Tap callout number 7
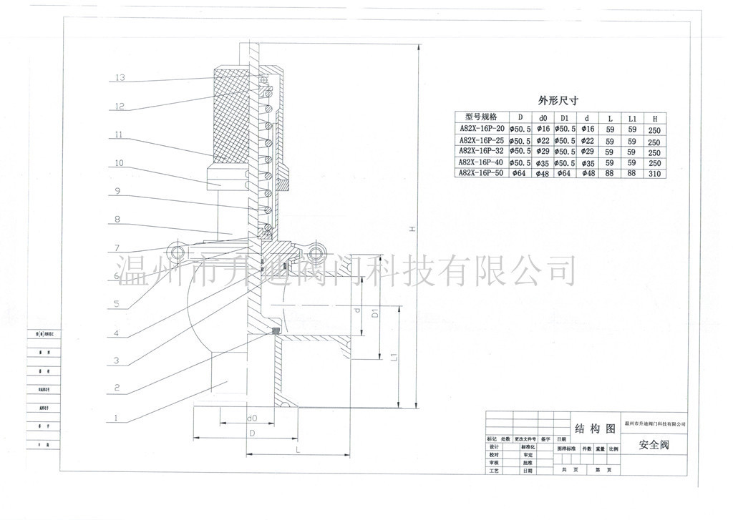[x=116, y=249]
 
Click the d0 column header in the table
[x=542, y=117]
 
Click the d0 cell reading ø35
[x=542, y=163]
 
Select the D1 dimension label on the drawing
[x=374, y=313]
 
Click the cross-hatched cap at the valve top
[x=230, y=114]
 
